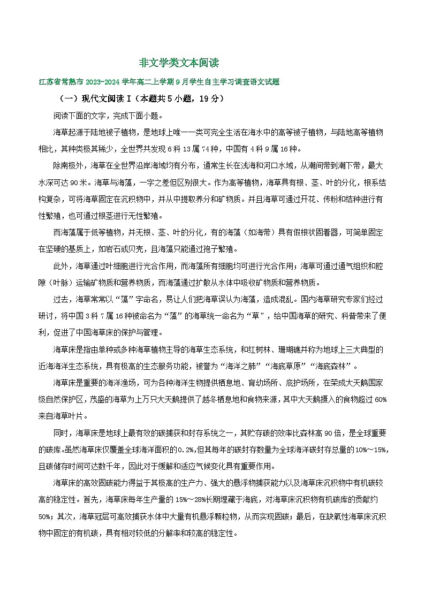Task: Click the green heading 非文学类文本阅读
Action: (x=179, y=63)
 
